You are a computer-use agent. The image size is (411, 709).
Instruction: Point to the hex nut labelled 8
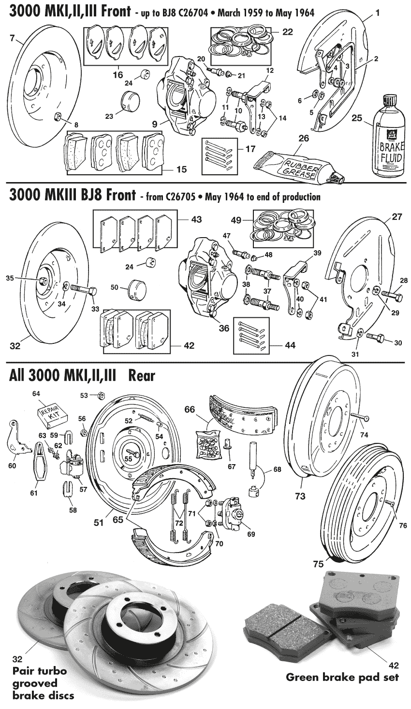click(x=56, y=115)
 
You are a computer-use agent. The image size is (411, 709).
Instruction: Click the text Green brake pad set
click(x=342, y=677)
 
